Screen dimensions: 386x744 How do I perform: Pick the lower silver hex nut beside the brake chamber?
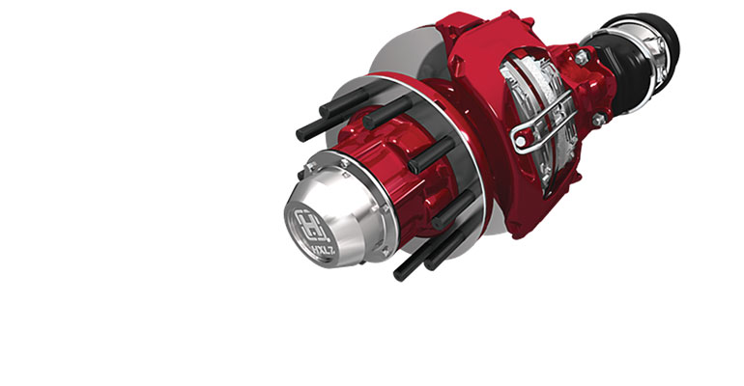(x=599, y=121)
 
